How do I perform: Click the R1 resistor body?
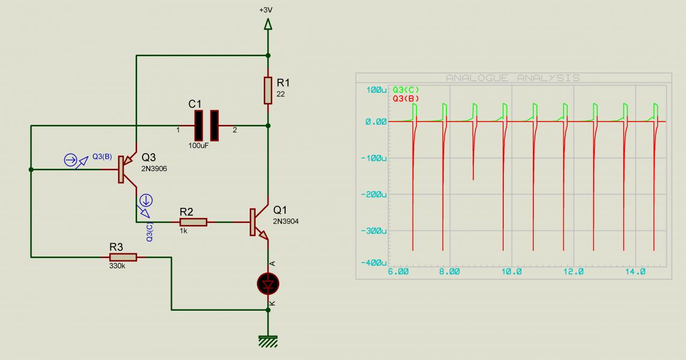[268, 90]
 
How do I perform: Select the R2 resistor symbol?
[193, 222]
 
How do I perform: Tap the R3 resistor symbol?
[123, 257]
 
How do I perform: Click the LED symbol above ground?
[268, 283]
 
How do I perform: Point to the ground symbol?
[268, 341]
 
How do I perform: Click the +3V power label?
[266, 10]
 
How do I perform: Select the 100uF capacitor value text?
[198, 145]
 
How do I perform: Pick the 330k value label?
[117, 266]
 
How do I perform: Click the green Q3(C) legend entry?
[406, 90]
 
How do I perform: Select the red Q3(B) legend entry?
[406, 99]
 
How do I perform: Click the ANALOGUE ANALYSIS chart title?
[512, 78]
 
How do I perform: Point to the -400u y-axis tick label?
[373, 263]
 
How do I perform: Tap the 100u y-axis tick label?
[376, 89]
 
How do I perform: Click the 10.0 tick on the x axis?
[511, 272]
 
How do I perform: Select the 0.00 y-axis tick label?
[376, 122]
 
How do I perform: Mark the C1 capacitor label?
[195, 103]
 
